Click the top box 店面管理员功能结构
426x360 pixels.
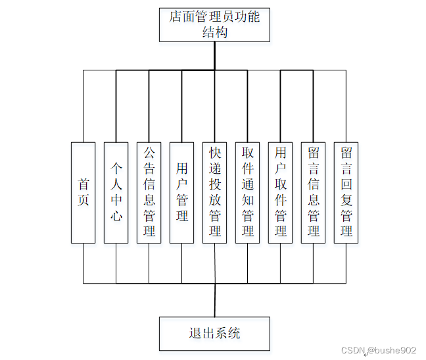214,24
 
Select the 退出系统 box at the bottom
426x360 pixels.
214,333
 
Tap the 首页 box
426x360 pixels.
83,192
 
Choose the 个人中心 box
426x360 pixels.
116,192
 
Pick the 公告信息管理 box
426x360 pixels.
149,192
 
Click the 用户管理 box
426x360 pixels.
182,192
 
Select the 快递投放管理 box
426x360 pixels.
215,192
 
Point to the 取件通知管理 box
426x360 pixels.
248,192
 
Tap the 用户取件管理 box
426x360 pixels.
281,192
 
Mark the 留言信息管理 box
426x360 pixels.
314,192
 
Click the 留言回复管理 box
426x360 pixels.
346,192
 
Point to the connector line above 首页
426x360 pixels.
83,105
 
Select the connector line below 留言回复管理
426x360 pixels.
346,263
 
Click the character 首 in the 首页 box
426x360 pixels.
83,184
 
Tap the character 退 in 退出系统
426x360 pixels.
195,333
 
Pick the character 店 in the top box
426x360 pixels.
176,16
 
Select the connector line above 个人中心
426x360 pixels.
116,105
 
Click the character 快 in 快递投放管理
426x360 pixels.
215,153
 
